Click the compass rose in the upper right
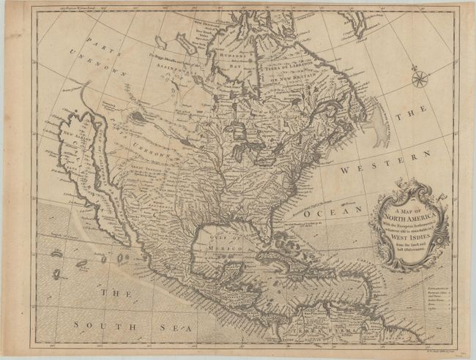[x=419, y=78]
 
